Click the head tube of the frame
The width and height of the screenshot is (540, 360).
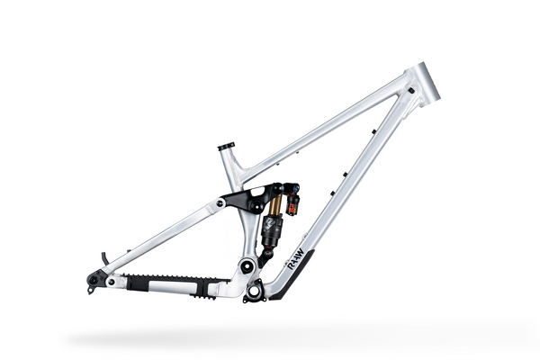click(x=425, y=82)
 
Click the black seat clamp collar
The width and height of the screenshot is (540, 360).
click(x=225, y=147)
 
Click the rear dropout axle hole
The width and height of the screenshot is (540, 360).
click(x=94, y=282)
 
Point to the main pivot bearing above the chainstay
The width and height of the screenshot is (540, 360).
click(x=241, y=266)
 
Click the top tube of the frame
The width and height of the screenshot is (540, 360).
click(x=324, y=125)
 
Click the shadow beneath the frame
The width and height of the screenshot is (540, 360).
click(x=270, y=337)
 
